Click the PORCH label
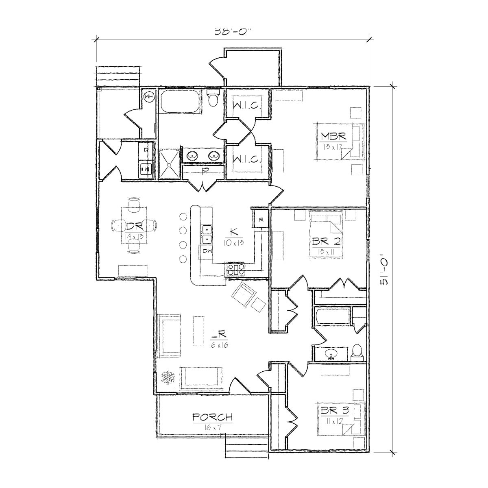(212, 417)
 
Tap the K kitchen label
(233, 232)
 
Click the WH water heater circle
(149, 96)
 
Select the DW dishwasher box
(207, 251)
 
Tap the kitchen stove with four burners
(235, 270)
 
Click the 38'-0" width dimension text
(231, 32)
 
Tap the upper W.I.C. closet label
(246, 106)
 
